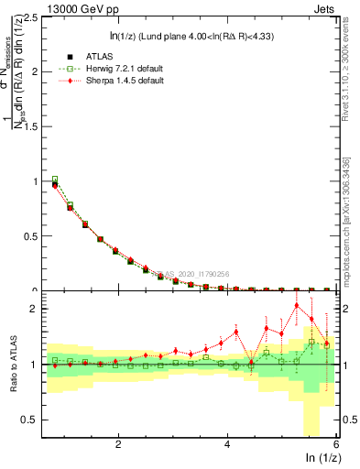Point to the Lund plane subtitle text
[x=183, y=37]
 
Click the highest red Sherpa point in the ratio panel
[x=297, y=305]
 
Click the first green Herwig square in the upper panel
[x=55, y=180]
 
